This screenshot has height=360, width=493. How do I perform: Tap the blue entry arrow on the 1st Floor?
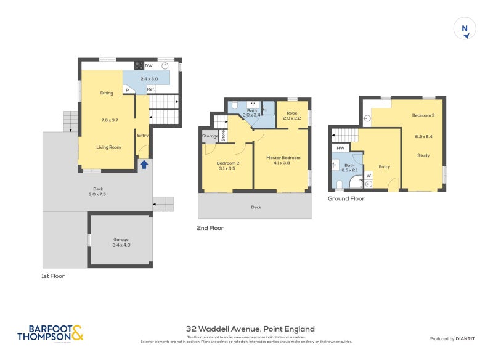pos(144,165)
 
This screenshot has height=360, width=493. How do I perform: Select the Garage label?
pos(121,239)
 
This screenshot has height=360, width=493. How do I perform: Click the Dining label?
pos(107,93)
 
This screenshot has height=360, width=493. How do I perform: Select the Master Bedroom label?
pos(283,158)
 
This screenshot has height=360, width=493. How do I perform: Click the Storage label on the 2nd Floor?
pos(210,136)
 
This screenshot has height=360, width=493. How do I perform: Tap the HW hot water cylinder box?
pos(340,149)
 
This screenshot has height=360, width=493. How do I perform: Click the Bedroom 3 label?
pos(424,116)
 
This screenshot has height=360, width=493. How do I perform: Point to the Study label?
pos(423,155)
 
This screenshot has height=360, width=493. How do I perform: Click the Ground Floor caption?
pos(346,198)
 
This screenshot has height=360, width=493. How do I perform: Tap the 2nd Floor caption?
pos(211,228)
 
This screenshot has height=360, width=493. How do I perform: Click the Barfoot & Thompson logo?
pos(50,333)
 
